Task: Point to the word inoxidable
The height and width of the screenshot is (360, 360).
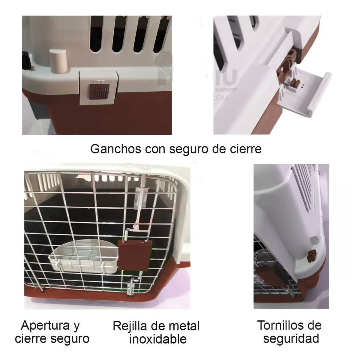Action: coord(158,339)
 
